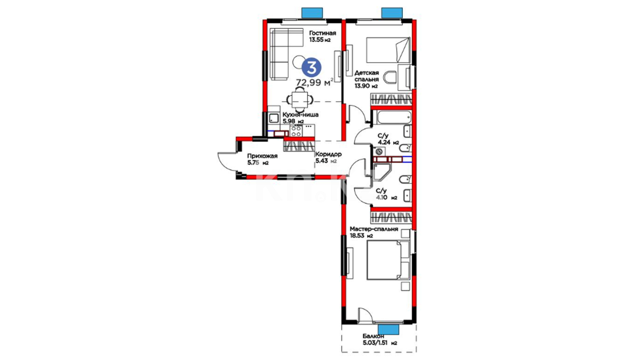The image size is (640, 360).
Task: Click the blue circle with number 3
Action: (x=311, y=68)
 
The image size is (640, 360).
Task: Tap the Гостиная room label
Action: (x=322, y=33)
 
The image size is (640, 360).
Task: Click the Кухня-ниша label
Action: (x=300, y=115)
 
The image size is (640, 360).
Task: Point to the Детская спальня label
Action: (x=366, y=76)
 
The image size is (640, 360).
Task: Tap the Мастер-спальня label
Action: (x=374, y=229)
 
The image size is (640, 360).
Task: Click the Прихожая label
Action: (x=262, y=156)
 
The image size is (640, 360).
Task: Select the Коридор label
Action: (x=328, y=154)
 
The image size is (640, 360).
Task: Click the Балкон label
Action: (x=373, y=336)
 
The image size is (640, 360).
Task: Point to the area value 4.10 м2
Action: (x=386, y=197)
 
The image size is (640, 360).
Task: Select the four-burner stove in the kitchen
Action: (x=296, y=131)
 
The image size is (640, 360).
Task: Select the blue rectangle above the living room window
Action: (x=312, y=13)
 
